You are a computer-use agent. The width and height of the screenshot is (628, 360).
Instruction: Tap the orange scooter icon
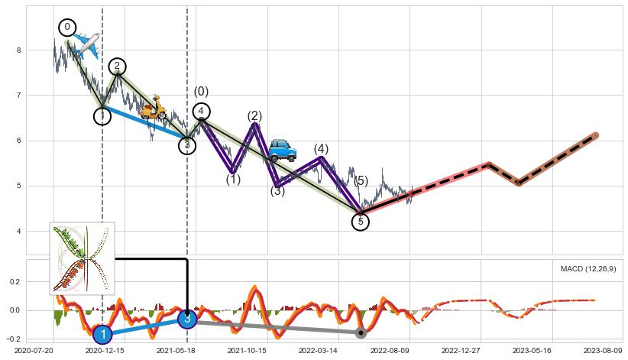tap(154, 108)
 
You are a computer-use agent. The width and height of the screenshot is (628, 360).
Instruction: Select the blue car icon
tap(283, 150)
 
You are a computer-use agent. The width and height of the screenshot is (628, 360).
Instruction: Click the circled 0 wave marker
tap(67, 28)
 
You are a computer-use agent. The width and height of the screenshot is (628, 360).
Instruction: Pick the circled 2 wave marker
tap(117, 66)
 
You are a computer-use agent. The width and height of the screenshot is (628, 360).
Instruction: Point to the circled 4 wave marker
tap(201, 112)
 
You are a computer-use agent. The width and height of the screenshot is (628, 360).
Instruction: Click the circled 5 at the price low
tap(361, 222)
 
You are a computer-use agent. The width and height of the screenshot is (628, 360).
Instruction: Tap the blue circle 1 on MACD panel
tap(102, 335)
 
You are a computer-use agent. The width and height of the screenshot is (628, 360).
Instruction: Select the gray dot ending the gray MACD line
tap(361, 333)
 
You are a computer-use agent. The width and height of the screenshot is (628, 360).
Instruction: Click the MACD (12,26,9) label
tap(588, 269)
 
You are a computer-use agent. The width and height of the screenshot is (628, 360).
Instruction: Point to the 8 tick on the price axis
tap(18, 50)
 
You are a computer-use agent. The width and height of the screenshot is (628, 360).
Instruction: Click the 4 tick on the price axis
tap(18, 232)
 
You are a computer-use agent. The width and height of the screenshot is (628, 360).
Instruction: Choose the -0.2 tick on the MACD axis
tap(14, 339)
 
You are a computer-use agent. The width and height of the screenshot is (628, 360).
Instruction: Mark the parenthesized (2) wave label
tap(254, 116)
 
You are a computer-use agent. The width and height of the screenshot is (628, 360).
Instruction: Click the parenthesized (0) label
tap(201, 92)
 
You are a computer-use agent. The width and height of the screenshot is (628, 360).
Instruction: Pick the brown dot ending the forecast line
tap(595, 135)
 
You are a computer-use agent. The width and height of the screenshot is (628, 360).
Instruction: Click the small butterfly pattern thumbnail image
tap(83, 258)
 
